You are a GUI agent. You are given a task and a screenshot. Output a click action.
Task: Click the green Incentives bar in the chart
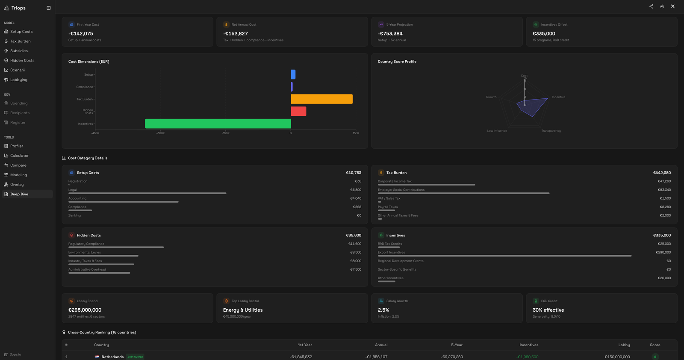pyautogui.click(x=218, y=124)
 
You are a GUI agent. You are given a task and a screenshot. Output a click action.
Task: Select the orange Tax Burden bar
pyautogui.click(x=321, y=99)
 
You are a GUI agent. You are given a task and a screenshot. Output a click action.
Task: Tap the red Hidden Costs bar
pyautogui.click(x=298, y=111)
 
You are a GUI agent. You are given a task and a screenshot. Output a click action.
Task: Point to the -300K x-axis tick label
pyautogui.click(x=160, y=133)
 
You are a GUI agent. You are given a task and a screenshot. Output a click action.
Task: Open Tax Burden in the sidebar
pyautogui.click(x=20, y=41)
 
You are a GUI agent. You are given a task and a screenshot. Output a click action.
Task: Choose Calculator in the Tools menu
pyautogui.click(x=19, y=156)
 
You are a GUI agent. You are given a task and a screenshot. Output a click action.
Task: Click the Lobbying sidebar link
pyautogui.click(x=19, y=80)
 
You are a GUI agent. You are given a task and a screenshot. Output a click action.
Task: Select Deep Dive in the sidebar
pyautogui.click(x=19, y=194)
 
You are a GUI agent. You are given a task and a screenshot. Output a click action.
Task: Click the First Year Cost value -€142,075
pyautogui.click(x=81, y=34)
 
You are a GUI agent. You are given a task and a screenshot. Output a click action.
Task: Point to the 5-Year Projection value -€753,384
pyautogui.click(x=390, y=34)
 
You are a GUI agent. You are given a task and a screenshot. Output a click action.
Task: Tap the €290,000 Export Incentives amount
pyautogui.click(x=663, y=252)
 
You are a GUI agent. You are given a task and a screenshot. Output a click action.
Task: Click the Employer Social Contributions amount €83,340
pyautogui.click(x=664, y=190)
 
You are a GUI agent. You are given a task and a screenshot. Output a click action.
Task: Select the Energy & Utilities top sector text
pyautogui.click(x=243, y=310)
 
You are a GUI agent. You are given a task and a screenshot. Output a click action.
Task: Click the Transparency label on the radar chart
pyautogui.click(x=551, y=131)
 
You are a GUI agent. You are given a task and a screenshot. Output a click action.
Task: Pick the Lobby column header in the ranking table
pyautogui.click(x=624, y=345)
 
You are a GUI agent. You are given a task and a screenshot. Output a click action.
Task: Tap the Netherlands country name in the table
pyautogui.click(x=112, y=357)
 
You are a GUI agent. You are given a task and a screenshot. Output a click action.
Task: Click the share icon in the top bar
pyautogui.click(x=651, y=6)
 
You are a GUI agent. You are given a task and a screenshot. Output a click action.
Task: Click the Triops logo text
pyautogui.click(x=18, y=8)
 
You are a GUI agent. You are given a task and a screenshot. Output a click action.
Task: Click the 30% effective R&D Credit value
pyautogui.click(x=548, y=310)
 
